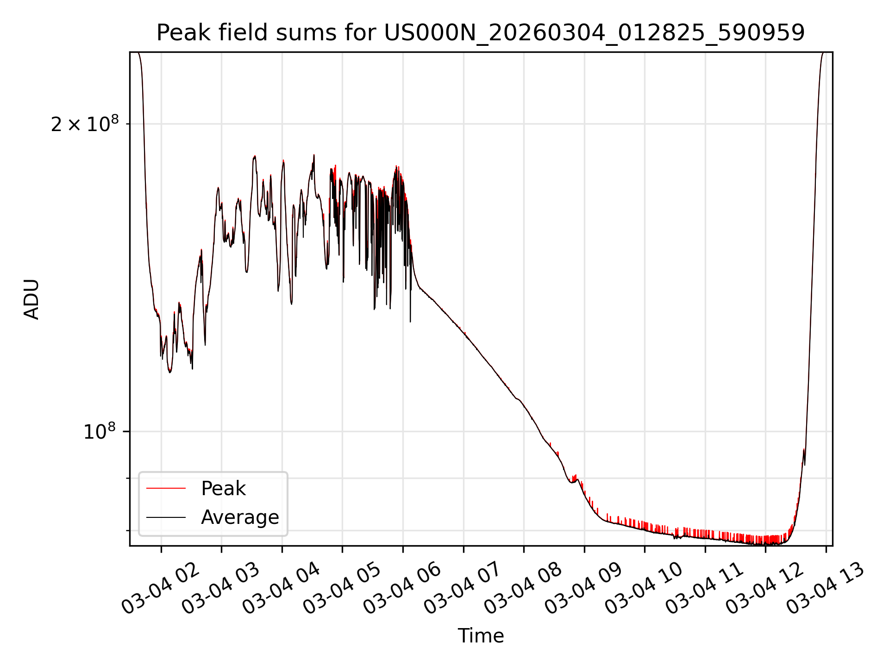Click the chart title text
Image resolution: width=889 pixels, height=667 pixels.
coord(481,33)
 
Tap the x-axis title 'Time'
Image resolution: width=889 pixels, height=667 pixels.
coord(481,636)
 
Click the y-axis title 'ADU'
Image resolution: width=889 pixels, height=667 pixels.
coord(31,299)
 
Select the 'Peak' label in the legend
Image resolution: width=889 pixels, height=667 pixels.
coord(223,489)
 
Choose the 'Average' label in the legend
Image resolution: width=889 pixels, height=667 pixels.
coord(240,517)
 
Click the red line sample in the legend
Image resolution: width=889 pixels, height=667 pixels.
coord(166,489)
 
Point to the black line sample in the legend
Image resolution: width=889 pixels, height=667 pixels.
coord(166,517)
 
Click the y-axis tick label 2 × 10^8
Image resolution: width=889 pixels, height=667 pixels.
coord(85,124)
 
